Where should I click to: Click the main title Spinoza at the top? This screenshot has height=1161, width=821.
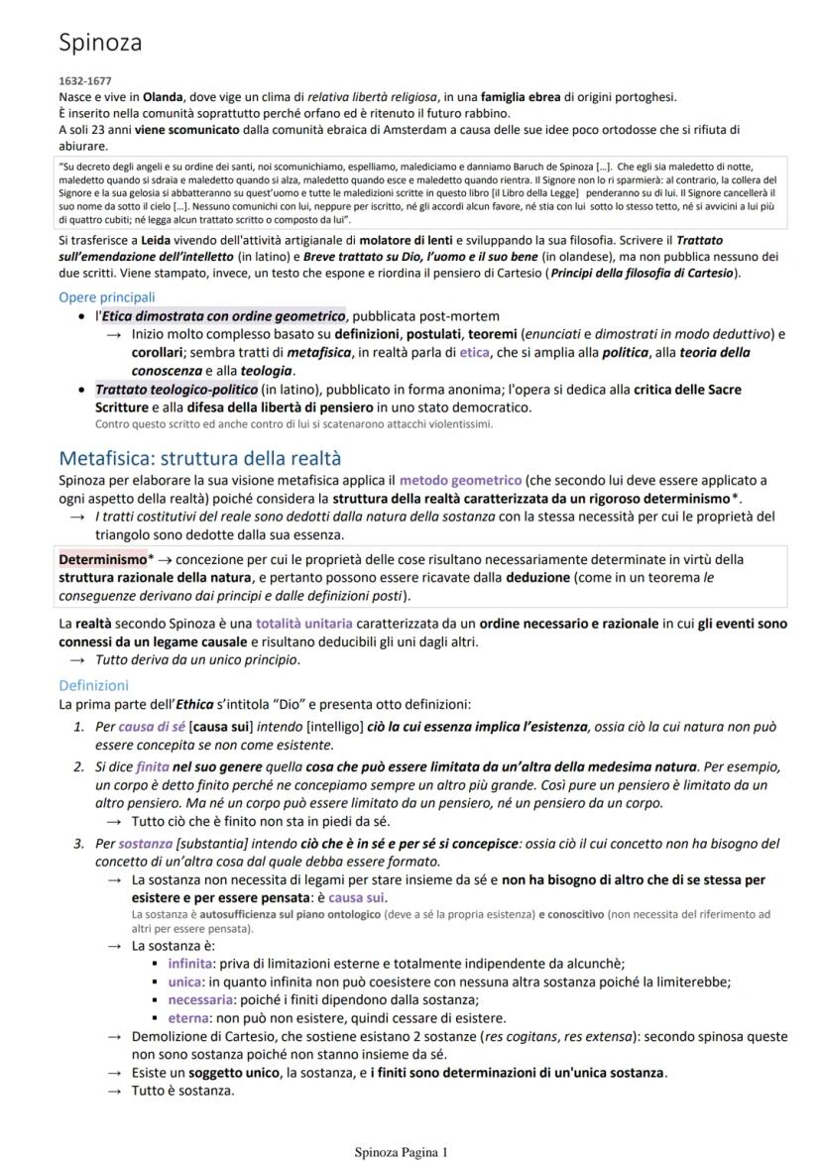[100, 44]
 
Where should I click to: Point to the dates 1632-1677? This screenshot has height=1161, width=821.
[80, 82]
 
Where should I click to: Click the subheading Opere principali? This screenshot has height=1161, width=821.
[107, 297]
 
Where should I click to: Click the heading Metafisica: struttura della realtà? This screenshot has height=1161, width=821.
[199, 458]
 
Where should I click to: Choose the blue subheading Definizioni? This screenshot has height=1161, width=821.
[93, 685]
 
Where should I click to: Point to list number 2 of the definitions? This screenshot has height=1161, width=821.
[78, 767]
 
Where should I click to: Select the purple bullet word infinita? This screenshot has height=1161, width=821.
[190, 963]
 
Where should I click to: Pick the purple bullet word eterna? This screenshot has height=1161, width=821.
[187, 1017]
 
